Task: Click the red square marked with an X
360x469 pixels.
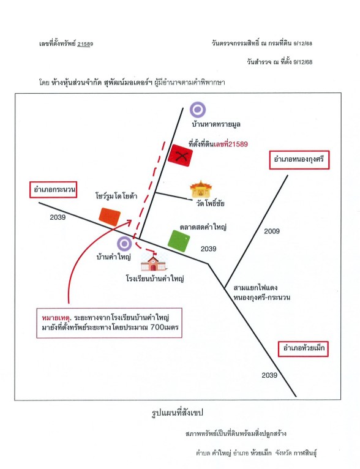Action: [180, 156]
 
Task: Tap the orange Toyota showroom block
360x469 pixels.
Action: [110, 217]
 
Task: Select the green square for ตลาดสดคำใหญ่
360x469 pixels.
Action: [179, 241]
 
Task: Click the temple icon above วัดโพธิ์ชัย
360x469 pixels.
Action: [201, 189]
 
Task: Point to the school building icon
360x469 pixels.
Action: [154, 263]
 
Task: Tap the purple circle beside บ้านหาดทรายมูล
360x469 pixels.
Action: [198, 110]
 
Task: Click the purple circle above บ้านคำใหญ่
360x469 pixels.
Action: [124, 243]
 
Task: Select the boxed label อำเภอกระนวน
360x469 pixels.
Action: [53, 190]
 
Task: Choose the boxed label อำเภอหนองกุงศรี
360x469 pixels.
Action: [299, 160]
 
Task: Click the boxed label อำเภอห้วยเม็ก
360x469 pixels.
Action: [303, 349]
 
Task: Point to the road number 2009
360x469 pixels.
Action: [272, 231]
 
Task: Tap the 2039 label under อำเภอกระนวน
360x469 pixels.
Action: [58, 217]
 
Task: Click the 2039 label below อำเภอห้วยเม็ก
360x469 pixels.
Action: [269, 375]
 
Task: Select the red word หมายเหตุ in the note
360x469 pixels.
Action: [56, 317]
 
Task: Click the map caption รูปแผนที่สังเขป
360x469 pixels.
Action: [178, 413]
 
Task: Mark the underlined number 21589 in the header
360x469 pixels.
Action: [85, 44]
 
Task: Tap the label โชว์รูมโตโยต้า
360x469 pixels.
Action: [116, 196]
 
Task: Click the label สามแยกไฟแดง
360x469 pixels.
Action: [255, 288]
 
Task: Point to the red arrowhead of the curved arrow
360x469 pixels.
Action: [129, 222]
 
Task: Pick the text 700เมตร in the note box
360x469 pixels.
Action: [164, 327]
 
